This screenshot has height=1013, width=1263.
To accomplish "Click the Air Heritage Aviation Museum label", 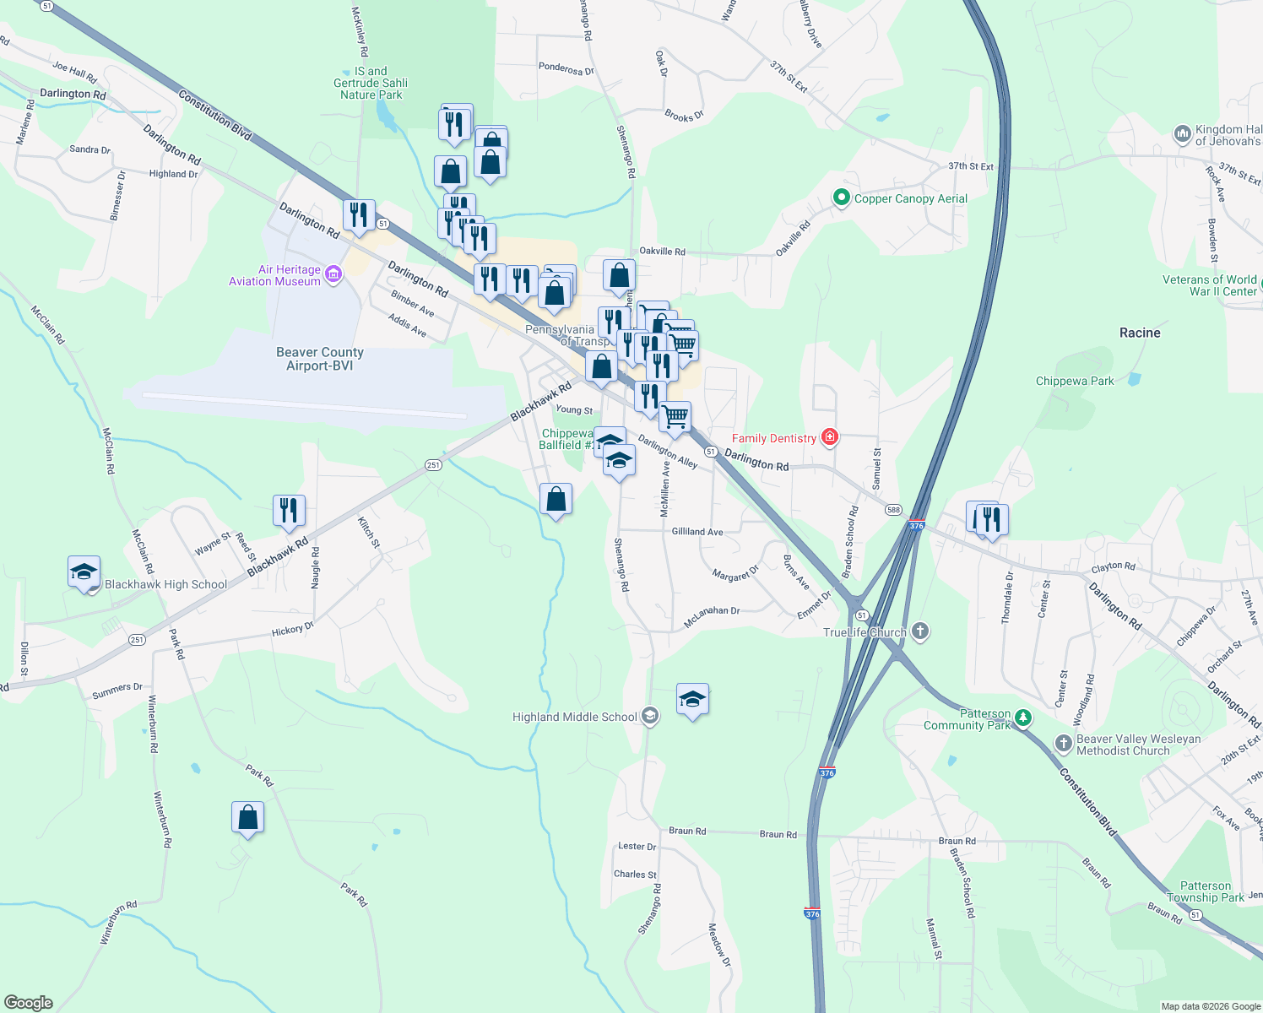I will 275,275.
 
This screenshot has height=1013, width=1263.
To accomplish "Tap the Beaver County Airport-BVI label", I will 320,359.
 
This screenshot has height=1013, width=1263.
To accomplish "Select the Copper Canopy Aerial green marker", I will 841,198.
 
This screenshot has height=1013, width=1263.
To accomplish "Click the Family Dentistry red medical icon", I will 830,437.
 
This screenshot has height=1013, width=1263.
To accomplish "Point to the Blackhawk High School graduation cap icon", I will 84,572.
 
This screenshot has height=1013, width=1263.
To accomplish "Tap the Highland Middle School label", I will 575,717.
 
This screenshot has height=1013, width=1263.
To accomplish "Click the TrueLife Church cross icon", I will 920,631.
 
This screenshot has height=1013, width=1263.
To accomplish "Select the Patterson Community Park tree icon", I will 1023,718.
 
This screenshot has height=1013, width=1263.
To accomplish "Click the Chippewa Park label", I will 1075,381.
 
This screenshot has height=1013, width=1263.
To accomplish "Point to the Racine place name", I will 1140,333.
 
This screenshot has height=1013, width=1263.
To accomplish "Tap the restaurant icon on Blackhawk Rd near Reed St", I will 289,511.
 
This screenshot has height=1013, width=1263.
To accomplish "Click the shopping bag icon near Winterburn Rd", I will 247,817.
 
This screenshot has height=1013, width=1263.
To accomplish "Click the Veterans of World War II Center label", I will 1210,285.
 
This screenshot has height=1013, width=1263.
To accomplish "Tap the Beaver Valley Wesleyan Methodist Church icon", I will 1064,744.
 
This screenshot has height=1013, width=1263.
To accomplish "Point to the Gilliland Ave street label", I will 697,532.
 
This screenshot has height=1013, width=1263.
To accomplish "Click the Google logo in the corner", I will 28,1003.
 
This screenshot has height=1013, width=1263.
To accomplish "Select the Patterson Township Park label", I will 1206,891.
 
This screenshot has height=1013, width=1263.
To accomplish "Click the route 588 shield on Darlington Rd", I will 894,510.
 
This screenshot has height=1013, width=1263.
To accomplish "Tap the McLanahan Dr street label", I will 712,611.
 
